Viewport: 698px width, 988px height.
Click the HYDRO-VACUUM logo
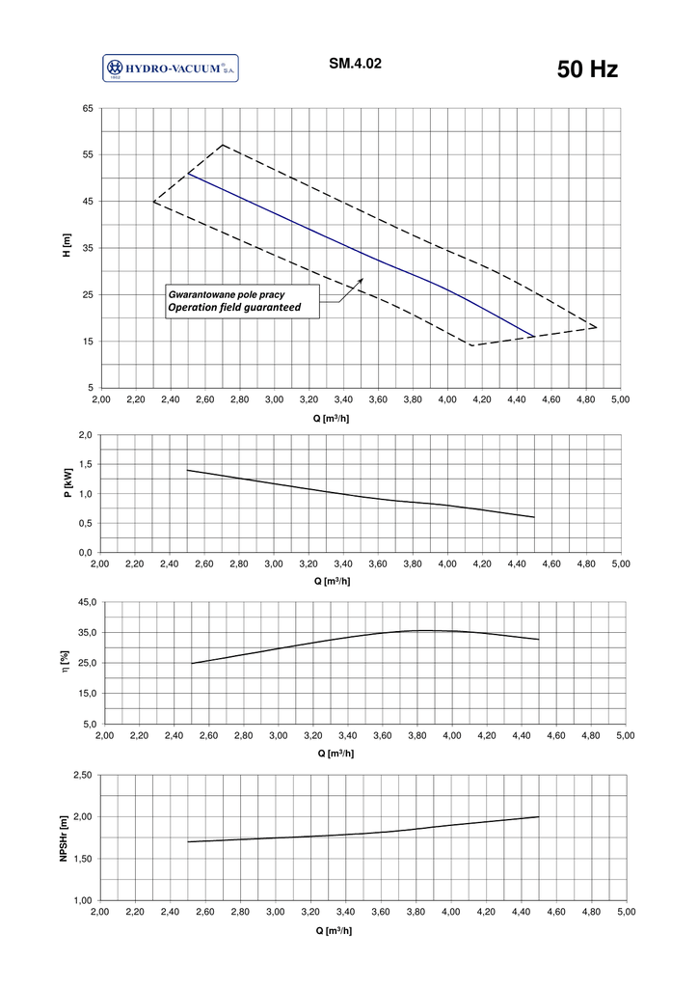coord(170,69)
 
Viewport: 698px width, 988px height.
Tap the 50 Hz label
coord(587,69)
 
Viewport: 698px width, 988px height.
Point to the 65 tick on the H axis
coord(87,109)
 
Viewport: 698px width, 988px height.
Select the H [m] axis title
coord(67,248)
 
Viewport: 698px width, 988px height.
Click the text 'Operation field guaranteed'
coord(234,307)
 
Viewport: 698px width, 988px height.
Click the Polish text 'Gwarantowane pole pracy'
coord(226,292)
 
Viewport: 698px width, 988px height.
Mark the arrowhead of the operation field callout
coord(362,279)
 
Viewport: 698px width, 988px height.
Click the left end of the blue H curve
coord(188,174)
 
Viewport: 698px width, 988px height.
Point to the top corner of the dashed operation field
coord(223,145)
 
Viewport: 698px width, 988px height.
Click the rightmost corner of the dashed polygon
coord(598,327)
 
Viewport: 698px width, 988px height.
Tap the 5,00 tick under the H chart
coord(620,398)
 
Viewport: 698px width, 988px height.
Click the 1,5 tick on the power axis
coord(85,465)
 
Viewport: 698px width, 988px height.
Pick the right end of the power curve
coord(534,517)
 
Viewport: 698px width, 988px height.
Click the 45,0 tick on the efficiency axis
coord(86,603)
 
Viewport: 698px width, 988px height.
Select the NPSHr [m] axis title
coord(64,837)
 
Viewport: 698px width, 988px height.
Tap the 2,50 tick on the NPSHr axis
coord(83,776)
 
